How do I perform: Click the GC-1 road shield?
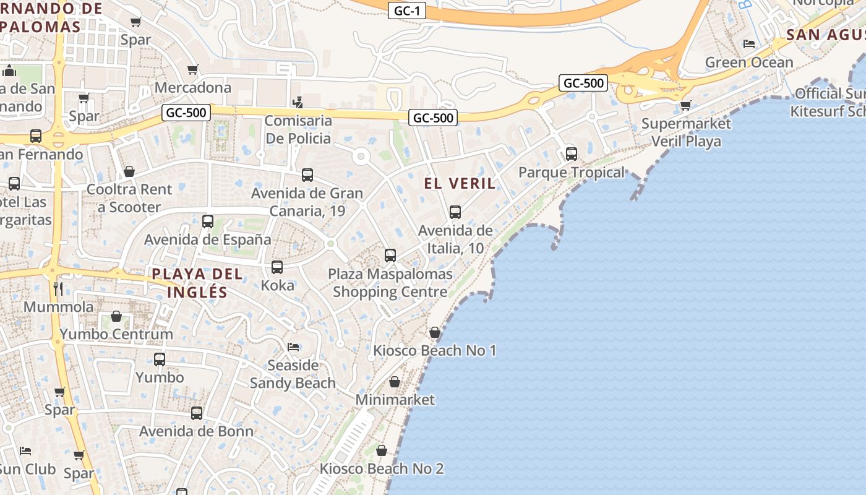(407, 11)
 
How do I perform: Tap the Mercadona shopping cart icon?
(193, 69)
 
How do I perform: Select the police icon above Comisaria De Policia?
(298, 102)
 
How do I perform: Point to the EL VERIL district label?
(460, 183)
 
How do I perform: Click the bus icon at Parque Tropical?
(572, 153)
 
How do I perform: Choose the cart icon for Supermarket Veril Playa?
(685, 105)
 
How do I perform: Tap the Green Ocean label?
(748, 62)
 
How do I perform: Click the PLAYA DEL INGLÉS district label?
(189, 283)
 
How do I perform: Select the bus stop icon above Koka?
(277, 267)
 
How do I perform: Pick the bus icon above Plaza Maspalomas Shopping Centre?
(390, 255)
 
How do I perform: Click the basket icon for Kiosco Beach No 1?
(435, 332)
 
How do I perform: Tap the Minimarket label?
(395, 400)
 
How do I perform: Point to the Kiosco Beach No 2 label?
(382, 468)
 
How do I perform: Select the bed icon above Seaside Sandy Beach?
(293, 346)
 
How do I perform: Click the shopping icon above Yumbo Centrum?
(116, 316)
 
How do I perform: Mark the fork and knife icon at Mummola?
(58, 288)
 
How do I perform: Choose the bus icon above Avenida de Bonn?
(197, 413)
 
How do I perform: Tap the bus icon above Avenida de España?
(208, 221)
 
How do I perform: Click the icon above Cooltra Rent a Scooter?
(129, 171)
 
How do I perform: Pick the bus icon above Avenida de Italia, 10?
(455, 212)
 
